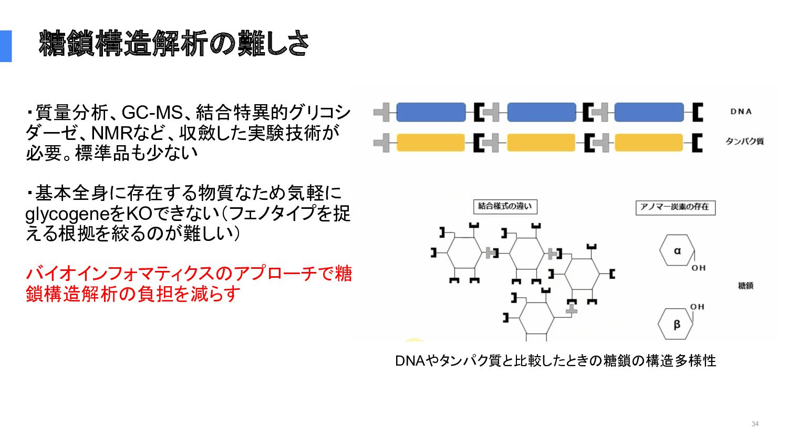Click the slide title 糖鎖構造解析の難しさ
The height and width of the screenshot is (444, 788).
click(x=174, y=44)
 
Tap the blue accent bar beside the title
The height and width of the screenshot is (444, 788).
click(x=6, y=46)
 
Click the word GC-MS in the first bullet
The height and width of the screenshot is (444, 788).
click(x=152, y=113)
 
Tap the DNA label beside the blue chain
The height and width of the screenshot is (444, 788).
click(x=741, y=112)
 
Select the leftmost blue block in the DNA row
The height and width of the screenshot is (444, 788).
click(x=431, y=113)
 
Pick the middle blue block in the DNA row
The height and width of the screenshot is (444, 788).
click(x=542, y=113)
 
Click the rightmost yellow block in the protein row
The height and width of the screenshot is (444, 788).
click(x=649, y=143)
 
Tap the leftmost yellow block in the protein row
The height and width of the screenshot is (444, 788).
click(x=431, y=143)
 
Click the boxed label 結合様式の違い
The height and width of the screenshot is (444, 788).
click(x=505, y=207)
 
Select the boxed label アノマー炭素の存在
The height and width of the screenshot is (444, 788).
click(x=676, y=207)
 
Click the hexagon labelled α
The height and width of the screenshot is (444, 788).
click(x=677, y=250)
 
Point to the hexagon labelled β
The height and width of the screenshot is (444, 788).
click(x=676, y=324)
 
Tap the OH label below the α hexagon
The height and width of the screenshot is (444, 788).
click(x=699, y=268)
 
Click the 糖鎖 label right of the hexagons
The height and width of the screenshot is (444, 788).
click(x=746, y=286)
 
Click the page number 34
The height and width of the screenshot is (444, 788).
click(x=755, y=424)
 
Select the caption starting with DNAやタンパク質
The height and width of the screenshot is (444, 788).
click(x=556, y=361)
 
